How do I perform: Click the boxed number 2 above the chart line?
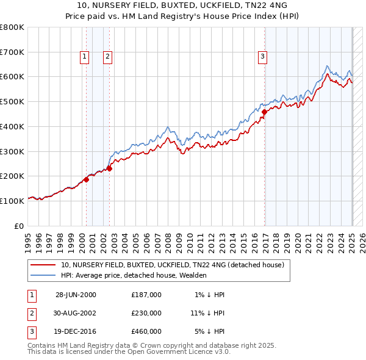[107, 57]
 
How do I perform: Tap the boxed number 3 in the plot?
[262, 57]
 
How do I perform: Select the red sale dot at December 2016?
[265, 112]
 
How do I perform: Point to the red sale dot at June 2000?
[86, 179]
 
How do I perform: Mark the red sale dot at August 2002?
[109, 168]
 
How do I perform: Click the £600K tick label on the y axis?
[12, 77]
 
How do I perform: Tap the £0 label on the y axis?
[20, 226]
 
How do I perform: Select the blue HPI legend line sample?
[43, 275]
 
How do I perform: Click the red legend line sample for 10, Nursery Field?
[43, 265]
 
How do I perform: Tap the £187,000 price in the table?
[146, 295]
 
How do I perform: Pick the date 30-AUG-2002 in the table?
[76, 313]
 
